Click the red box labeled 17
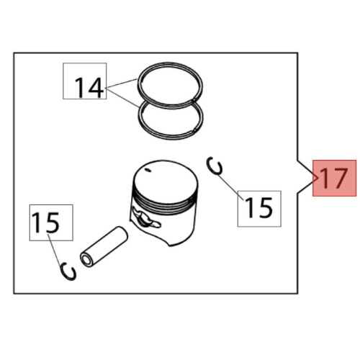tap(334, 178)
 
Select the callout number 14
tap(89, 88)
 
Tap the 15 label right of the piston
tap(259, 208)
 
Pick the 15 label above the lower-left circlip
tap(45, 222)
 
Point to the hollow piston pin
tap(104, 247)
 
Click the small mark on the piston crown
tap(148, 171)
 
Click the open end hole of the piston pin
tap(86, 259)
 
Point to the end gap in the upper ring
tap(194, 99)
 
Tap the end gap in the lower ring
tap(194, 130)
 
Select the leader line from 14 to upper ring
tap(121, 84)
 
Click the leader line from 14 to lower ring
tap(122, 98)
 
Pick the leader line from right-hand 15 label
tap(231, 187)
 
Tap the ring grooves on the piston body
tap(165, 201)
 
